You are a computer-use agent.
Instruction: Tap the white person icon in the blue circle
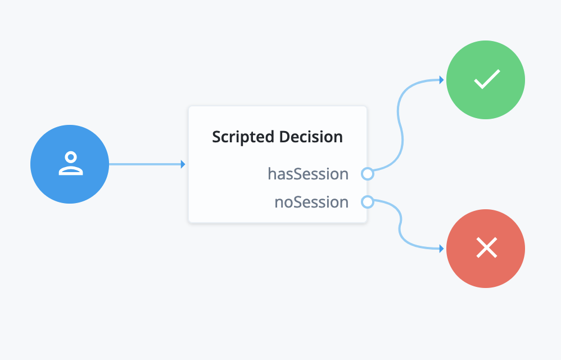coord(70,164)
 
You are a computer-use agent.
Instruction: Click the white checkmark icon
coord(486,80)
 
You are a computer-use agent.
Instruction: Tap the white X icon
coord(486,247)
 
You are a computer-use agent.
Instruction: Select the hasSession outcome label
coord(308,174)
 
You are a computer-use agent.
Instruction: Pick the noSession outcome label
coord(311,202)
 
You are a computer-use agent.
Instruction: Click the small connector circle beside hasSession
coord(367,174)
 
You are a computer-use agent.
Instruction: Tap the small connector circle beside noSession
coord(367,201)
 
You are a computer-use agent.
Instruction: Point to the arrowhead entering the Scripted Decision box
coord(183,164)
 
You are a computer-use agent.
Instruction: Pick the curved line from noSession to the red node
coord(400,225)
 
